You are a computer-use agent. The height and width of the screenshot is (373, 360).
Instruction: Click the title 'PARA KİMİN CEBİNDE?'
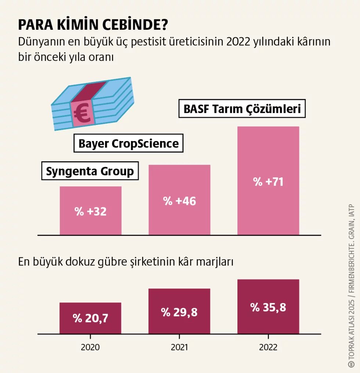pyautogui.click(x=93, y=25)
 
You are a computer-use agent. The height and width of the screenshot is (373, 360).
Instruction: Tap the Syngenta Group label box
pyautogui.click(x=90, y=171)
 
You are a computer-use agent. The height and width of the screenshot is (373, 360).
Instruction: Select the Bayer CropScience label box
pyautogui.click(x=129, y=143)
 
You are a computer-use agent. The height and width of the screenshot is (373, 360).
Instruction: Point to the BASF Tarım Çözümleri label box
pyautogui.click(x=242, y=109)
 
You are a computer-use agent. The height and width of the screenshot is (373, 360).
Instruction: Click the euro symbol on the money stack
pyautogui.click(x=82, y=113)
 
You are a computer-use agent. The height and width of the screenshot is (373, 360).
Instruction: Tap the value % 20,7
pyautogui.click(x=90, y=318)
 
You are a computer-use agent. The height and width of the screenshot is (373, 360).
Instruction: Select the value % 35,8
pyautogui.click(x=268, y=307)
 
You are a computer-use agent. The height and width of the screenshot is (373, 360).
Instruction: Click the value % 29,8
pyautogui.click(x=179, y=312)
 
